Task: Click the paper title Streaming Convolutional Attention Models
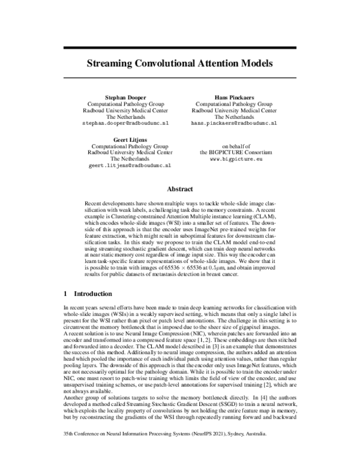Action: pyautogui.click(x=179, y=62)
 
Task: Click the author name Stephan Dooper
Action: pyautogui.click(x=125, y=96)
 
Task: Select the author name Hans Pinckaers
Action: pyautogui.click(x=234, y=96)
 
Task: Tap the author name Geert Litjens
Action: pyautogui.click(x=125, y=139)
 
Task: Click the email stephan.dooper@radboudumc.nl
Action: pyautogui.click(x=125, y=123)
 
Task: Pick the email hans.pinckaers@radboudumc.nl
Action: pyautogui.click(x=234, y=123)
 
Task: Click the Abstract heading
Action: pyautogui.click(x=179, y=187)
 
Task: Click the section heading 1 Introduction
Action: pyautogui.click(x=88, y=294)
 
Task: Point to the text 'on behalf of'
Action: pyautogui.click(x=234, y=146)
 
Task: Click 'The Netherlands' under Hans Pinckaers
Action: pyautogui.click(x=234, y=116)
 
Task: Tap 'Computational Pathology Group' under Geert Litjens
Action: pyautogui.click(x=125, y=146)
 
